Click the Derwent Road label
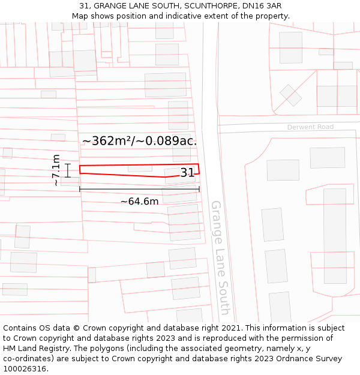click(x=310, y=127)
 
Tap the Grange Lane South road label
click(x=220, y=257)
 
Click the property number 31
click(x=187, y=173)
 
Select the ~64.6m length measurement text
click(x=139, y=202)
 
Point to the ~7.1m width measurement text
click(x=55, y=170)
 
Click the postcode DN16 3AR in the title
click(x=260, y=6)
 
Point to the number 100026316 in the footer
click(x=25, y=369)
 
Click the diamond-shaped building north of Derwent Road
click(x=291, y=95)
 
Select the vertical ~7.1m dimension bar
click(x=68, y=170)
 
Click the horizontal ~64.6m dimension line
click(x=139, y=190)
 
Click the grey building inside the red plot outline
click(x=140, y=169)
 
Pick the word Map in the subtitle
click(x=80, y=16)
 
